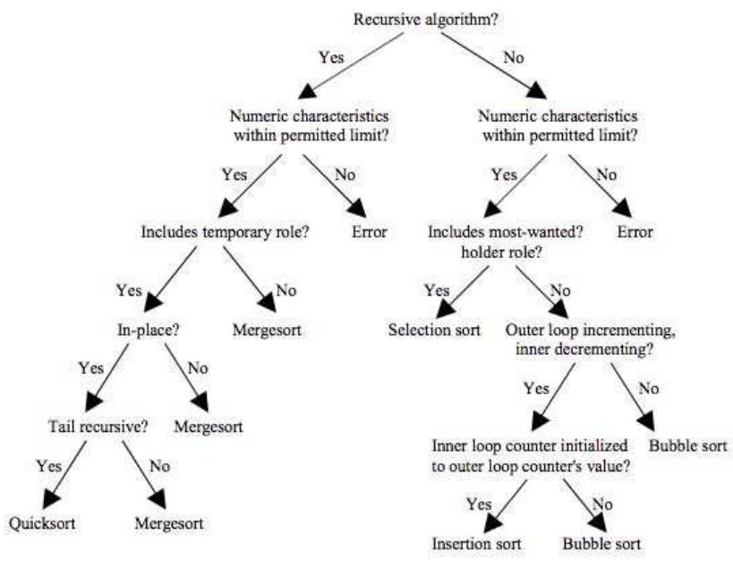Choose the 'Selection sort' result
pyautogui.click(x=434, y=329)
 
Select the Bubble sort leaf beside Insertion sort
pyautogui.click(x=601, y=544)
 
